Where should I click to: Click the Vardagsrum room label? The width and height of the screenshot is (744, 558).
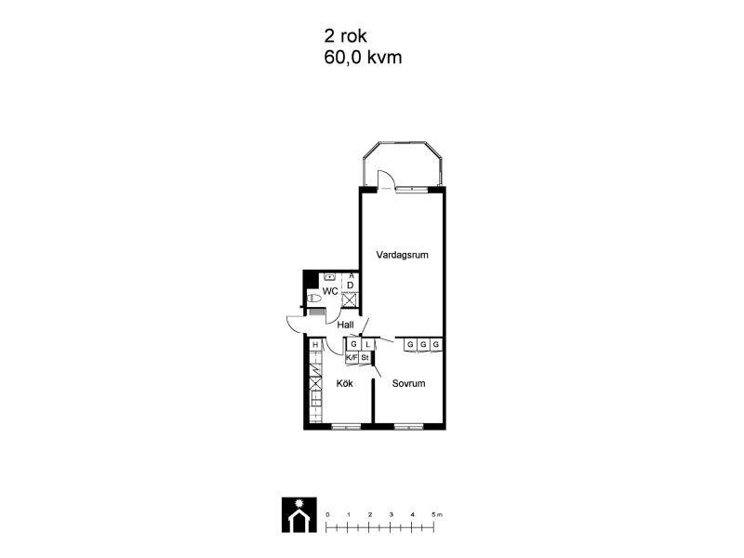[x=402, y=255]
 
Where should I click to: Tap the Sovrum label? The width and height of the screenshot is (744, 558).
[x=408, y=383]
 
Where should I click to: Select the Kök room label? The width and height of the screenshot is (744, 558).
[x=344, y=383]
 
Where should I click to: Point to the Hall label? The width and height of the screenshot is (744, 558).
[x=345, y=325]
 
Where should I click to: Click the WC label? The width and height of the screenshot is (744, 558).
[x=330, y=291]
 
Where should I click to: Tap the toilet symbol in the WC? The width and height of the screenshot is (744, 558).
[x=313, y=299]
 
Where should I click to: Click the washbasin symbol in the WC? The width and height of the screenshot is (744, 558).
[x=330, y=275]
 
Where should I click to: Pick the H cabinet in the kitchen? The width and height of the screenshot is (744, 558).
[x=315, y=345]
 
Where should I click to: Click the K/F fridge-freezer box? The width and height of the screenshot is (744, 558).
[x=352, y=358]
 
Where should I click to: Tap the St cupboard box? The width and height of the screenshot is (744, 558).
[x=365, y=358]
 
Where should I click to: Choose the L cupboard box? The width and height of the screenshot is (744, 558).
[x=367, y=344]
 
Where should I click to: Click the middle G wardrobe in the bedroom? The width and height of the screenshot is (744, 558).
[x=423, y=344]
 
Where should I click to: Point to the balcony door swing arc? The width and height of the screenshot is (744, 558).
[x=390, y=178]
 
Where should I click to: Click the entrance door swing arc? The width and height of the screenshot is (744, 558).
[x=293, y=326]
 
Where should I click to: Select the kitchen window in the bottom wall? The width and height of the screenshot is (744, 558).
[x=346, y=427]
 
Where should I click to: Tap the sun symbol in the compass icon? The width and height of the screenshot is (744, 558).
[x=299, y=503]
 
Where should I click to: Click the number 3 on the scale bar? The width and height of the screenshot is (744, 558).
[x=391, y=515]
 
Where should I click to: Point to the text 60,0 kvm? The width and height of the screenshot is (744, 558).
[x=363, y=58]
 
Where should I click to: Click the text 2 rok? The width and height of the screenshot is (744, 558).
[x=345, y=35]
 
